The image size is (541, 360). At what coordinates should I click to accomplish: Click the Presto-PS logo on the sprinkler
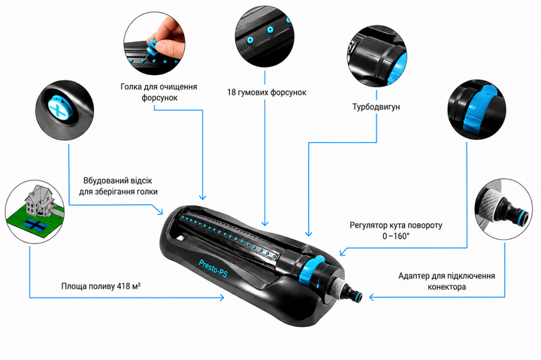pos(213,268)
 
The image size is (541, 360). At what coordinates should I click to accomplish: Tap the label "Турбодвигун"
pos(376,107)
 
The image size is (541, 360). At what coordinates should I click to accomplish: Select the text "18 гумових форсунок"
pos(266,92)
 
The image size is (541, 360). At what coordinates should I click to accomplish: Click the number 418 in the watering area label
pos(122,286)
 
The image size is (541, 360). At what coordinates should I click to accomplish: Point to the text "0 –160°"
pos(396,237)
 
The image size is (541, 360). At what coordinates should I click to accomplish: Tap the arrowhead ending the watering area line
pos(221,297)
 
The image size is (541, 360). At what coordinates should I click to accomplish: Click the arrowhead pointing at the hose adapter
pos(372,297)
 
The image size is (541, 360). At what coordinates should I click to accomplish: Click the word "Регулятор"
pos(368,225)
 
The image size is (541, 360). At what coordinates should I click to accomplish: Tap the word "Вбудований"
pos(102,180)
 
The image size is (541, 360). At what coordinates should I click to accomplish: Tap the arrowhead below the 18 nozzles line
pos(264,223)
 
